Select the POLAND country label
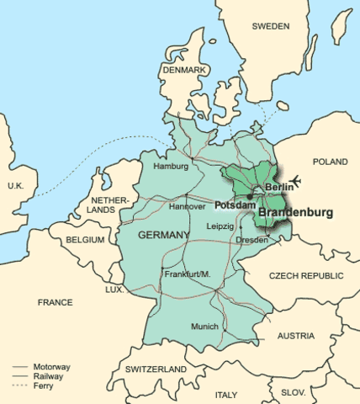[330, 162]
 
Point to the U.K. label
[16, 185]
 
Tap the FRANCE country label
[56, 301]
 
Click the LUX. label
[114, 290]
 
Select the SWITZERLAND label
[156, 369]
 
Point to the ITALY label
[226, 394]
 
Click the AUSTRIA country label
[296, 336]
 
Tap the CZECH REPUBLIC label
[306, 276]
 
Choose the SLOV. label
[294, 392]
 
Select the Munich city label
[204, 327]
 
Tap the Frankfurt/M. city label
[185, 275]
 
